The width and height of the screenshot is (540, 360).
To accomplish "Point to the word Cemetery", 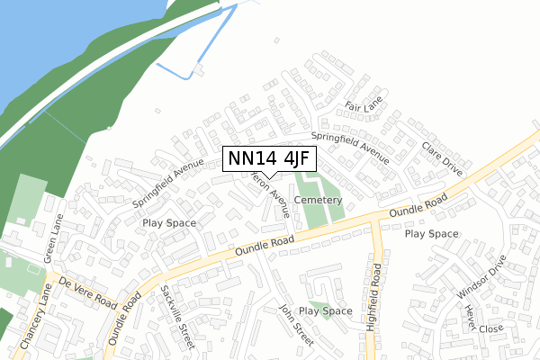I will coord(318,200).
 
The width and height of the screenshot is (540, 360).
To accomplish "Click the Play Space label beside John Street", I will coord(325,311).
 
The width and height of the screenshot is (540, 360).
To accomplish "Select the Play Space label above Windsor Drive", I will coord(431,234).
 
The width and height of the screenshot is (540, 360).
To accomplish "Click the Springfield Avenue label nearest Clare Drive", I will coord(350,148).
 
